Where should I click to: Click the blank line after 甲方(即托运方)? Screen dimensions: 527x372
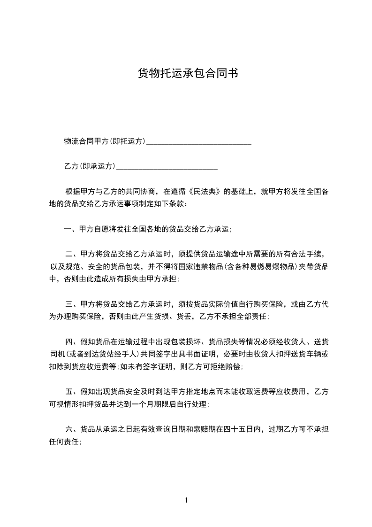pos(199,141)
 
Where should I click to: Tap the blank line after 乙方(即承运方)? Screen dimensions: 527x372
pos(167,166)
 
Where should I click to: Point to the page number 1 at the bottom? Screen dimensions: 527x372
pos(186,500)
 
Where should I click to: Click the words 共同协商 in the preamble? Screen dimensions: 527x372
pos(141,192)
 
